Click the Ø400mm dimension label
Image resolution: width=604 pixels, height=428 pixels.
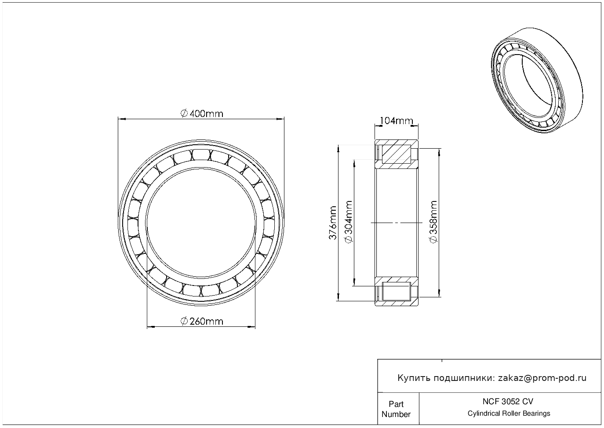pos(202,113)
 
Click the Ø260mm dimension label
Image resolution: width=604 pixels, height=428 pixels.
pos(202,321)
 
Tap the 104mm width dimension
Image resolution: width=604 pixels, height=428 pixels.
pos(397,121)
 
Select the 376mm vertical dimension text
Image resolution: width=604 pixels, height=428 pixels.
pos(333,223)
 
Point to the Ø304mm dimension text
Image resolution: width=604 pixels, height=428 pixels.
pos(349,222)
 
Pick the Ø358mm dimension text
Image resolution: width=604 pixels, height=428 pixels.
pos(433,222)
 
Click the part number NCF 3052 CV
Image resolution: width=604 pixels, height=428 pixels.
pos(508,402)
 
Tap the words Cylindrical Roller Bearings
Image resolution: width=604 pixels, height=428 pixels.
pos(509,413)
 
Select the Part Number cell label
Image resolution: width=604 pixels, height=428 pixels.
pos(396,409)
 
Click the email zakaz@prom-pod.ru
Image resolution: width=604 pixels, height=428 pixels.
pos(542,378)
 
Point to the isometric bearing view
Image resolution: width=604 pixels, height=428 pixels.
pos(537,80)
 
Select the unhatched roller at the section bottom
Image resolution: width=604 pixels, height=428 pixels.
pos(397,291)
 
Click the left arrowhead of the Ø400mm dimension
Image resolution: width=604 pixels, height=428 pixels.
pos(122,119)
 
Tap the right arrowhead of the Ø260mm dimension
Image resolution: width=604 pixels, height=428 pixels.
pos(251,327)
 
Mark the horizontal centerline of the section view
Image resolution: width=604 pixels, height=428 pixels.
pos(397,223)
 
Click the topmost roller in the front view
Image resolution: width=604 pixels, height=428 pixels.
pos(201,155)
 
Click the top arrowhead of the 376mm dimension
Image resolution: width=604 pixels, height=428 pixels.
pos(338,149)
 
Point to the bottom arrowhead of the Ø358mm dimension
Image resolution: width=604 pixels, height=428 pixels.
pos(439,293)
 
